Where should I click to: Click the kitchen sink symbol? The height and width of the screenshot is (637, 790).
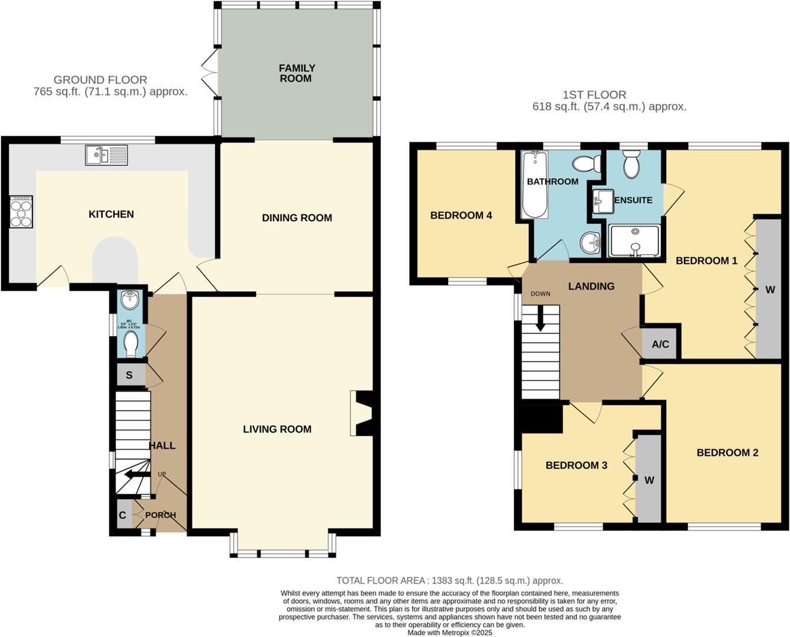pos(106,155)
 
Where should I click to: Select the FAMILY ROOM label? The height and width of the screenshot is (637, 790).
pos(297,73)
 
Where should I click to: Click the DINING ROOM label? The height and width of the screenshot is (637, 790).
pos(297,218)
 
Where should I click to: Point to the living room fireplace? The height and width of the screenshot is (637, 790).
pos(361,413)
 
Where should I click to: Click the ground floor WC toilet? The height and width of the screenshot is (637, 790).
pos(130,343)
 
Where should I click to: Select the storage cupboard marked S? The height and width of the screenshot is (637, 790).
pos(129,375)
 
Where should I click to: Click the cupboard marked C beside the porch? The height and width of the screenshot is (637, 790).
pos(123,515)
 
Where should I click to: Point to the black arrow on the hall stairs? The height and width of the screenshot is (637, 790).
pos(136,475)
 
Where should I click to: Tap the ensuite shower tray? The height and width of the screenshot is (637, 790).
pos(634,241)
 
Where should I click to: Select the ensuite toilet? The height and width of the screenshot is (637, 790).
pos(631,164)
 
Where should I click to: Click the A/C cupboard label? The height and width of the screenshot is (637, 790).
pos(660,344)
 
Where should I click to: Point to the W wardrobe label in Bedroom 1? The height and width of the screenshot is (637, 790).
pos(770,290)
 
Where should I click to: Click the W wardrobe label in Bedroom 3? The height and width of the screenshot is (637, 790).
pos(649,480)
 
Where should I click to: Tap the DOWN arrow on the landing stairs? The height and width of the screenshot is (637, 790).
pos(540,319)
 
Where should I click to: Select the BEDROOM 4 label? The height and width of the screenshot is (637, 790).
pos(461,215)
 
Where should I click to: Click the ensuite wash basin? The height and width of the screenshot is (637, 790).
pos(602,201)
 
